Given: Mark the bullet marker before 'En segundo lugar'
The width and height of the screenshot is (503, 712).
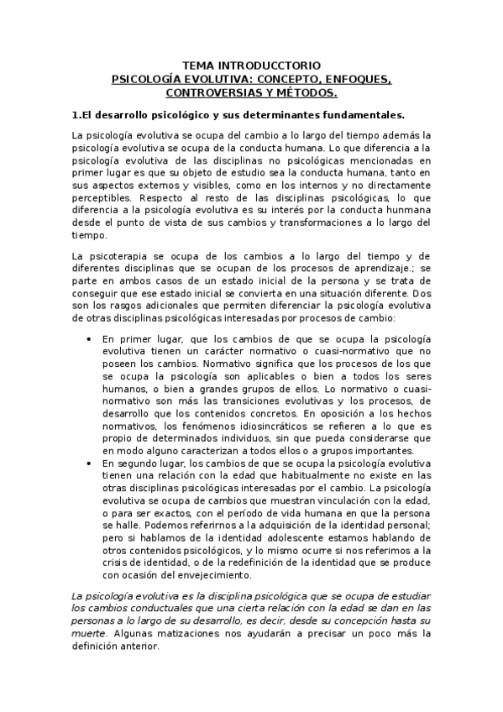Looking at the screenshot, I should (x=90, y=463).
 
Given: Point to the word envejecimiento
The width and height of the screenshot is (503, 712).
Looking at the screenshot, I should (x=207, y=575).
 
